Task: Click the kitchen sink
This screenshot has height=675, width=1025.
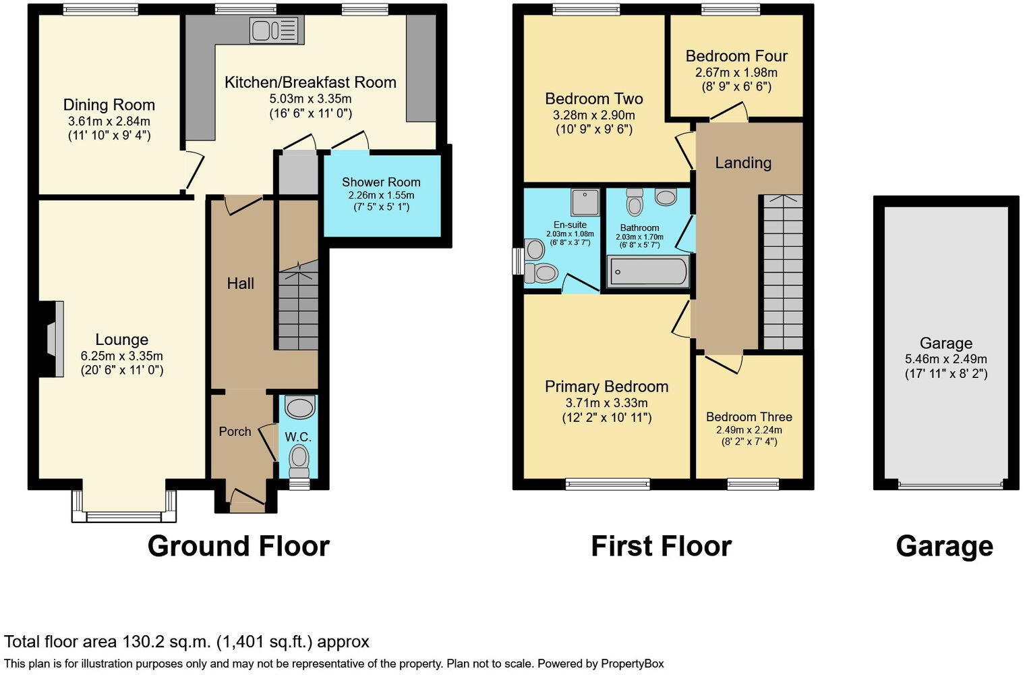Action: (x=276, y=30)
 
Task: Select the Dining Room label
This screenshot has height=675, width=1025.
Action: (x=109, y=105)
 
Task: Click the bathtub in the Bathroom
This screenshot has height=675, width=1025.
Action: (x=649, y=272)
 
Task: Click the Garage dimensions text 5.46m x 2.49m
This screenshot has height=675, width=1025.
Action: (x=945, y=359)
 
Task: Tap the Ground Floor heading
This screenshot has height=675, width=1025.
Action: (x=238, y=546)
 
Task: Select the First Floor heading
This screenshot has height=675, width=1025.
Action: (x=661, y=546)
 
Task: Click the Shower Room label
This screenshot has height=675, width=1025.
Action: (x=381, y=182)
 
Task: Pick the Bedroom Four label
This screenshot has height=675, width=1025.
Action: (x=736, y=56)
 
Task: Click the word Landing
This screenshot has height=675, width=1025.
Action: (x=743, y=163)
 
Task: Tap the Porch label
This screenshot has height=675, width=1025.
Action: (x=235, y=431)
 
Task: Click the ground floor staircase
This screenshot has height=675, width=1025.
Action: (x=298, y=310)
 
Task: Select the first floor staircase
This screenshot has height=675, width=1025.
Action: (x=783, y=273)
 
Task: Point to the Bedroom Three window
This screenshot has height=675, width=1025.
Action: (x=753, y=483)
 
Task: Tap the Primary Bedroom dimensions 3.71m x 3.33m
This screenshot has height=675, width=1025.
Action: (x=607, y=402)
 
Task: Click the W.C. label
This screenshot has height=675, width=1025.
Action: (x=298, y=437)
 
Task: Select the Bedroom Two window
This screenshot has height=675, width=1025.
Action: (x=581, y=9)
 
